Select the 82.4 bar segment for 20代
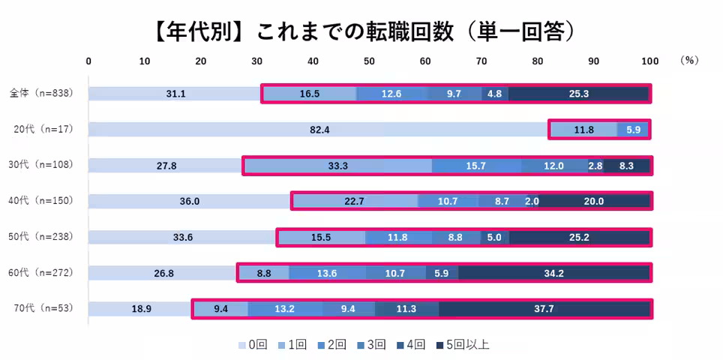[x=319, y=130]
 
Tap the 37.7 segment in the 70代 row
[x=544, y=309]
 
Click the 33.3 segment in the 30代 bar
[x=338, y=166]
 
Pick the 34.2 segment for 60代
[x=553, y=273]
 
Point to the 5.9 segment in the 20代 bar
[x=633, y=130]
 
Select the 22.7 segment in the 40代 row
[x=355, y=201]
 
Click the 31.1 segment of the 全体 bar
[x=175, y=94]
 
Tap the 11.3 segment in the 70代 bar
[x=406, y=309]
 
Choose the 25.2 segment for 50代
[x=578, y=237]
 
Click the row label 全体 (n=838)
[x=40, y=94]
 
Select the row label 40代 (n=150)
[x=42, y=201]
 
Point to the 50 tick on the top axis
[x=369, y=61]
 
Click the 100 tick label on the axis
[x=649, y=61]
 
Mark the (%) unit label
[x=688, y=61]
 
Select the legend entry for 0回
[x=253, y=345]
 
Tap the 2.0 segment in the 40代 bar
[x=532, y=201]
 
